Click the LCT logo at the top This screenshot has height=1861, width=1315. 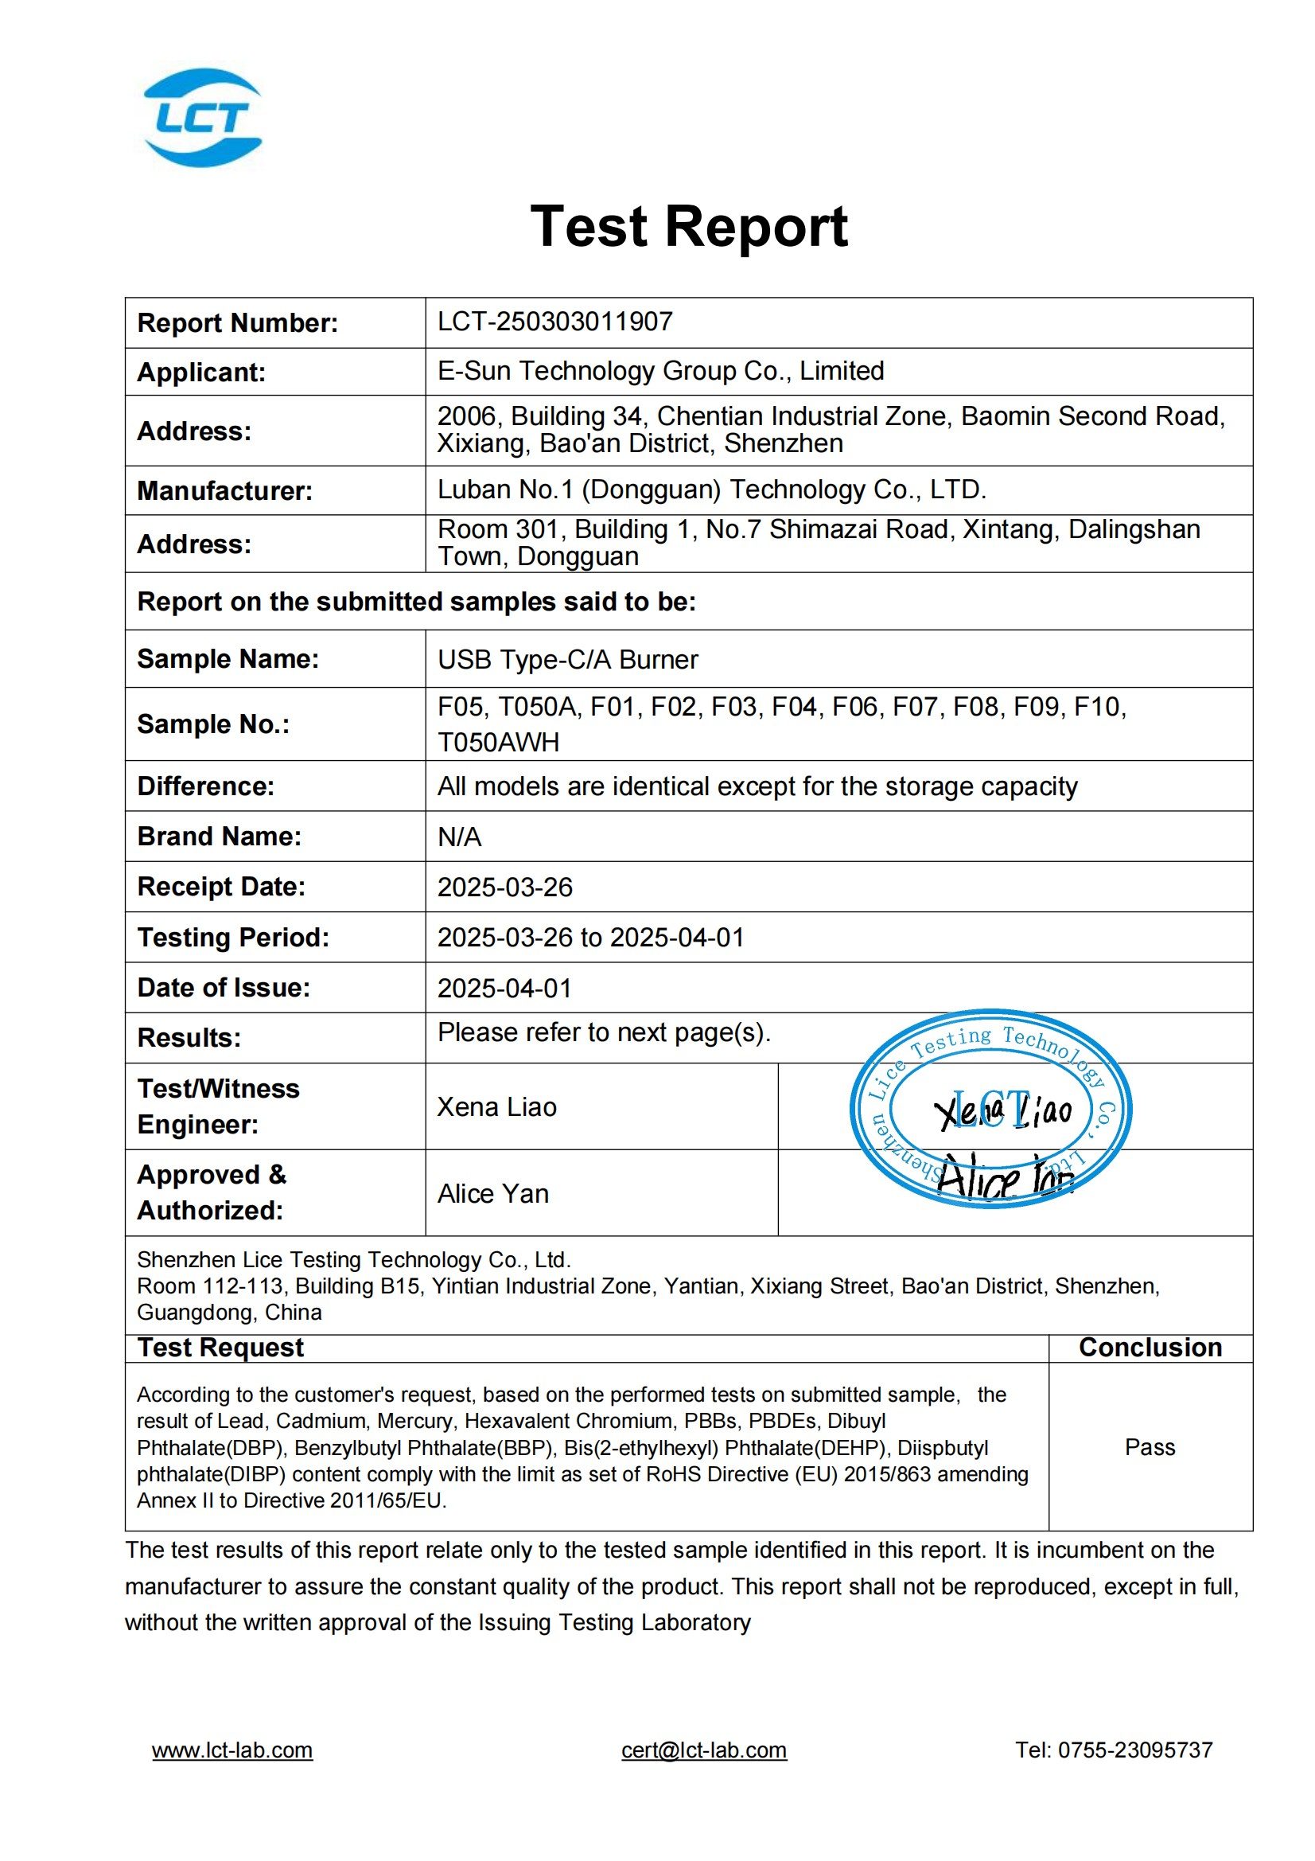pyautogui.click(x=203, y=118)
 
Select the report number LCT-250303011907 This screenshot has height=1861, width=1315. pyautogui.click(x=555, y=322)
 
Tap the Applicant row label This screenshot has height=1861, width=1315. pyautogui.click(x=201, y=372)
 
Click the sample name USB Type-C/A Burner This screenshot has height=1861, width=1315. pyautogui.click(x=567, y=659)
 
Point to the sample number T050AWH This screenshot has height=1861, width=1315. pyautogui.click(x=498, y=743)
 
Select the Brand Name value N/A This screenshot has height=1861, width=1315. pyautogui.click(x=459, y=837)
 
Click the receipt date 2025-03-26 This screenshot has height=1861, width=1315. pyautogui.click(x=505, y=887)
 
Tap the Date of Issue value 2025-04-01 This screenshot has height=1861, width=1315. pyautogui.click(x=505, y=988)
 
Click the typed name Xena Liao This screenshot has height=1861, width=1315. pyautogui.click(x=496, y=1107)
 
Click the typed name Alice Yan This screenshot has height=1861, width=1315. pyautogui.click(x=492, y=1194)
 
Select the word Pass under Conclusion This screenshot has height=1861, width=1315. pyautogui.click(x=1149, y=1447)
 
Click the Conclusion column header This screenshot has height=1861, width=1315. pyautogui.click(x=1150, y=1347)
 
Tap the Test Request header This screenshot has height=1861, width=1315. pyautogui.click(x=220, y=1347)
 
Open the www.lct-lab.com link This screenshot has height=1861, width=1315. pyautogui.click(x=231, y=1750)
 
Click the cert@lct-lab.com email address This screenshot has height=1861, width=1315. pyautogui.click(x=703, y=1750)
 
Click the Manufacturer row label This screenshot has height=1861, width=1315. pyautogui.click(x=224, y=490)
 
